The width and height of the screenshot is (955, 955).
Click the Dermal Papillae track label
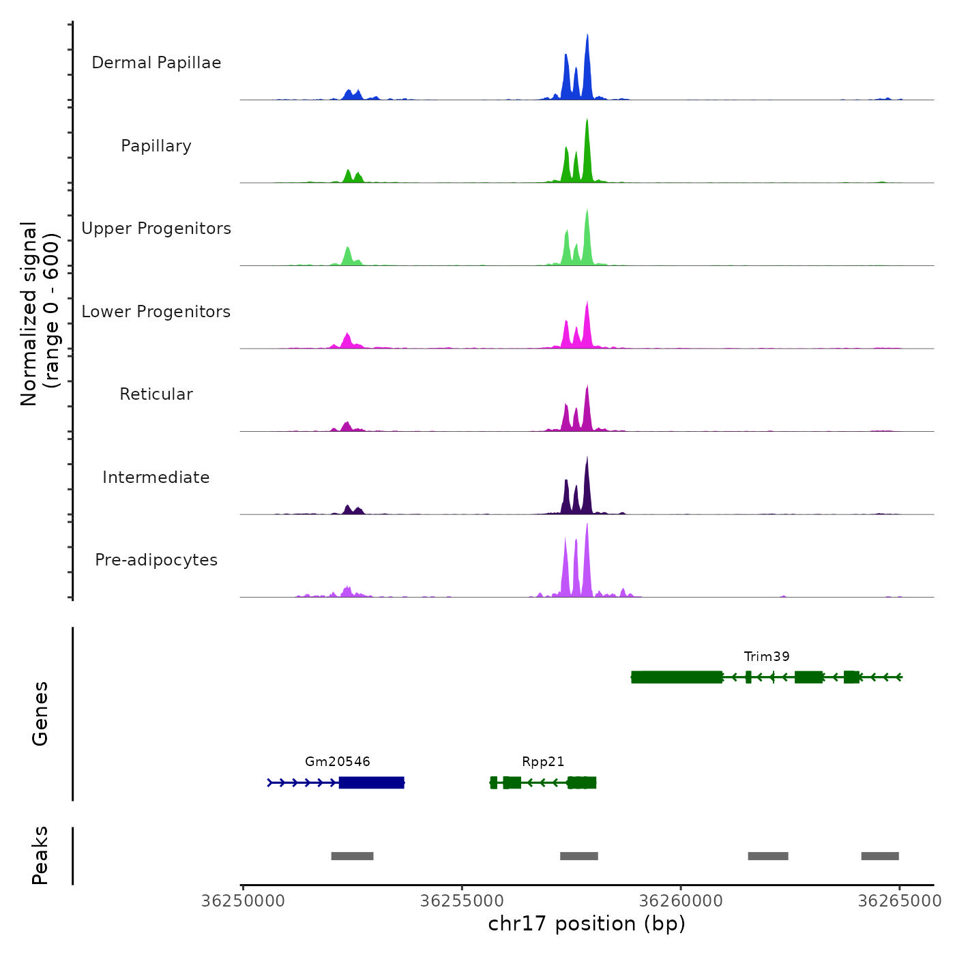click(156, 63)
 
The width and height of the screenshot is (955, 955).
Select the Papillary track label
click(156, 146)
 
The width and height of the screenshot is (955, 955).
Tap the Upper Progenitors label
click(156, 229)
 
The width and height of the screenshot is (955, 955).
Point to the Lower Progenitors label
click(156, 312)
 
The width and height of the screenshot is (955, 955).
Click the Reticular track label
click(156, 394)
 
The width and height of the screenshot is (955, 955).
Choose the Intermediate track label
click(156, 477)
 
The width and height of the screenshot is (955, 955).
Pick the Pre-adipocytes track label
click(156, 560)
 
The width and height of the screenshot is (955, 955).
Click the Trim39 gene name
click(767, 656)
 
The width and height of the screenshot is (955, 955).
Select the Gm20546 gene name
click(338, 761)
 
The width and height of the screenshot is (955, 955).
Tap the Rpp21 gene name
click(543, 761)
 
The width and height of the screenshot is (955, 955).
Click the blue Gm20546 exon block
click(372, 782)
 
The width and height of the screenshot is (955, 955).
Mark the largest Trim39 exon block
click(677, 677)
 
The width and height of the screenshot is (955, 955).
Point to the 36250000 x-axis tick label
click(243, 901)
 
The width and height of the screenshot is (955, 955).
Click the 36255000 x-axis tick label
click(462, 901)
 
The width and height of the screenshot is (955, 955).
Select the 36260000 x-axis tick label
click(681, 901)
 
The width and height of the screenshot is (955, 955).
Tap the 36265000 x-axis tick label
click(899, 901)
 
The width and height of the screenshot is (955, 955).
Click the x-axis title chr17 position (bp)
click(587, 924)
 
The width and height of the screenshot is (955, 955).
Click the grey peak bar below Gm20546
click(352, 856)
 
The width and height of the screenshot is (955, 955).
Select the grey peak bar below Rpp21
click(579, 856)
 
